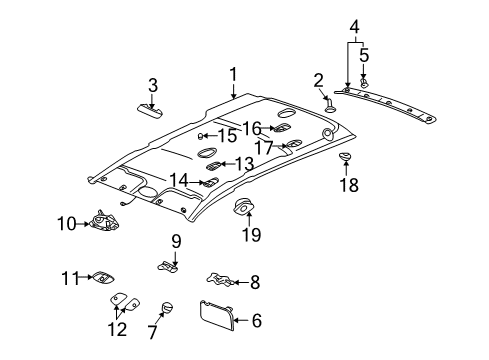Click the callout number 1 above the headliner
233,73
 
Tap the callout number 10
65,223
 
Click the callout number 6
256,321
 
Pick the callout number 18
347,184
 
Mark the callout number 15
228,135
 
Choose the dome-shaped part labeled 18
345,157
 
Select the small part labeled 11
103,278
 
